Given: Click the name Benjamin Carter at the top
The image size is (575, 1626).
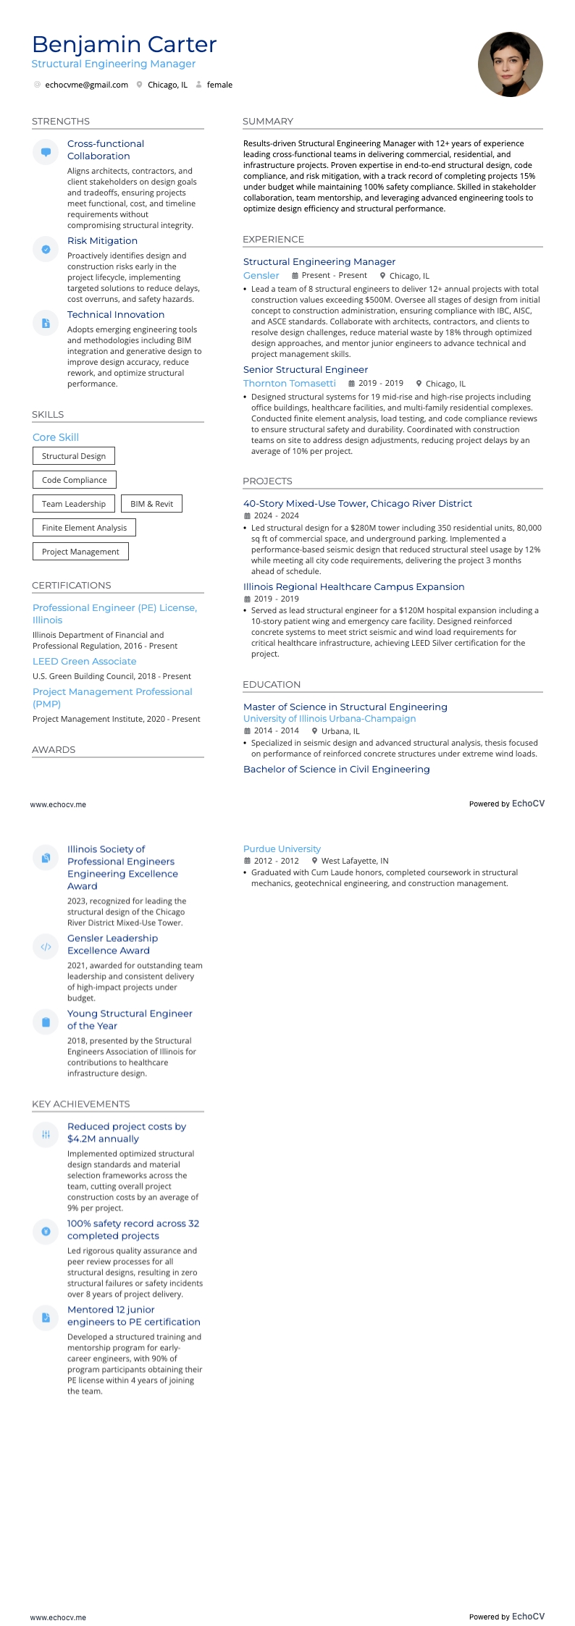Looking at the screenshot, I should pos(124,44).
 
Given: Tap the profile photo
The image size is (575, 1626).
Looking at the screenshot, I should pos(510,64).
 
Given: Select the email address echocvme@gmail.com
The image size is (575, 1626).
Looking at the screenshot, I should pos(86,85).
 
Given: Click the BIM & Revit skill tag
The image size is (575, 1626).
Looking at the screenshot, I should pos(152,504).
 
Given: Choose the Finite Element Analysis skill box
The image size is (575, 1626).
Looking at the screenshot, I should pos(84,528).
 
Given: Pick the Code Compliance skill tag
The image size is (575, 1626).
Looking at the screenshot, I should pos(74,480).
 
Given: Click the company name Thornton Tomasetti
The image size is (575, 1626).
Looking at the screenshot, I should pos(290,383).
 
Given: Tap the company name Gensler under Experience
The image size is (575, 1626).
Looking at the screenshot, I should pos(261,275).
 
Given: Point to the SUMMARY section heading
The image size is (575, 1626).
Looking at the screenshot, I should pos(268,121).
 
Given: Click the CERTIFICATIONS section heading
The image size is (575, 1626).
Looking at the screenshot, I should pos(72,585).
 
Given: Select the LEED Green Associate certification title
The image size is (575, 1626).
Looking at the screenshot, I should pos(84,661).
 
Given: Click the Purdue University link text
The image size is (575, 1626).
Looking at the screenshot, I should pos(282,848).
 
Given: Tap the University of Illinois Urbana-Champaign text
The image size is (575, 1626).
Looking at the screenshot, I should pos(330,718).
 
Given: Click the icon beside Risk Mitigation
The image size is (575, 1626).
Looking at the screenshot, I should pos(46,249).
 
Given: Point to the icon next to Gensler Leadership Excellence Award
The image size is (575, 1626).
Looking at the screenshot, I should pos(46,946).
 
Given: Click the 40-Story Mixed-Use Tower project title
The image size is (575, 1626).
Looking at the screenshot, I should pos(357,503).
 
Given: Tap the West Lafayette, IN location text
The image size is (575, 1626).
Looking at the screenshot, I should pos(355,861).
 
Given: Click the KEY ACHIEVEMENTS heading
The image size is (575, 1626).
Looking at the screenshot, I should pos(81,1103).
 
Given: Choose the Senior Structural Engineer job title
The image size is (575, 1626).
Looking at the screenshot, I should pos(306,369).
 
